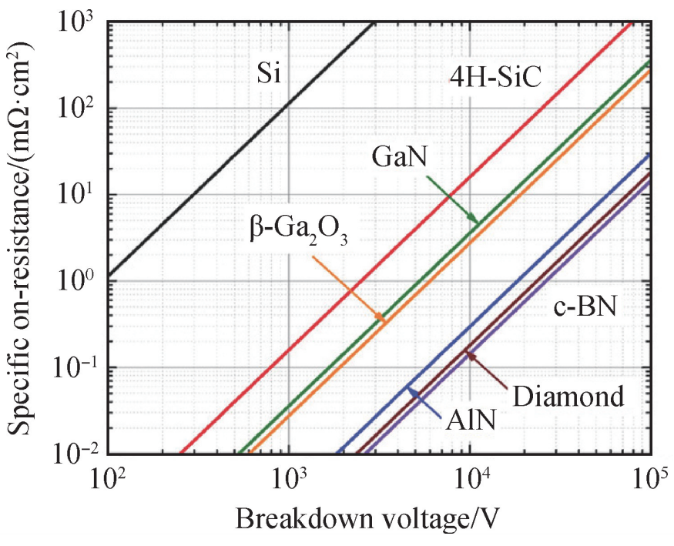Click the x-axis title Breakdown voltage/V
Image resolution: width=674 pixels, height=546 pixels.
371,519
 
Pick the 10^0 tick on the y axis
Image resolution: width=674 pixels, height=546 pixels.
79,280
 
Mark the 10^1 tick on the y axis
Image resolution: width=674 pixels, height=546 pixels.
79,193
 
